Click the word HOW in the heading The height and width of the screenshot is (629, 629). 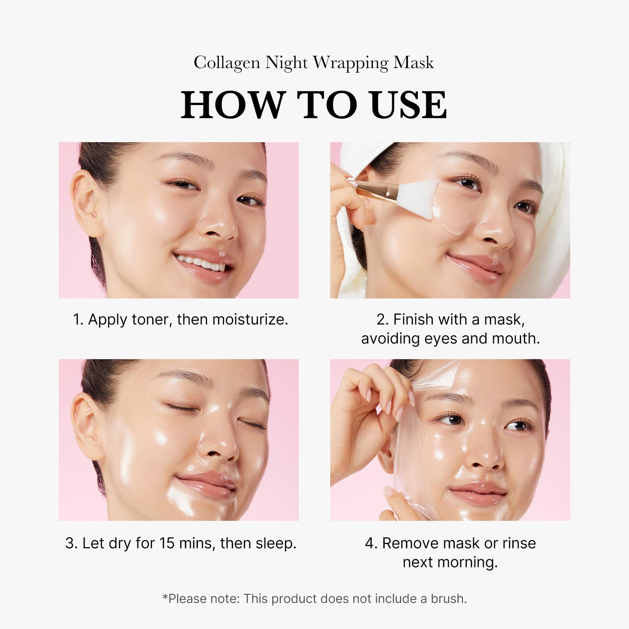pyautogui.click(x=231, y=105)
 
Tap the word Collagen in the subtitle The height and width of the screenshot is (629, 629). pyautogui.click(x=227, y=62)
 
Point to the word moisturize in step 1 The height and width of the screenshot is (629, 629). pyautogui.click(x=250, y=319)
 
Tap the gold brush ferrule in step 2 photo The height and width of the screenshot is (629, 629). pyautogui.click(x=378, y=189)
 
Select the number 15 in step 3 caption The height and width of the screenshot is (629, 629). pyautogui.click(x=167, y=543)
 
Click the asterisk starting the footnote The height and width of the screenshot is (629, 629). pyautogui.click(x=165, y=596)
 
